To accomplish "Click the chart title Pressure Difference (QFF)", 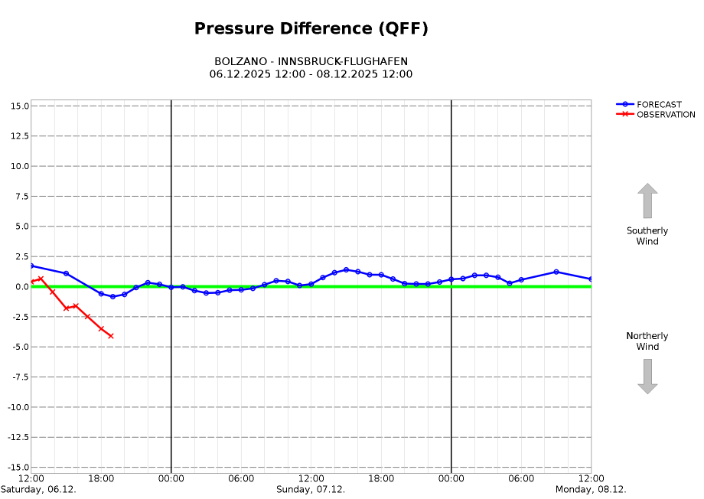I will (x=311, y=29).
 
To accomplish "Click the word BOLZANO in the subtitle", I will (x=241, y=61).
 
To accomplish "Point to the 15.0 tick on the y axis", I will (x=21, y=106).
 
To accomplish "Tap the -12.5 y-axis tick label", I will (x=17, y=438).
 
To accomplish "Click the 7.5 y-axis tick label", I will (x=21, y=196).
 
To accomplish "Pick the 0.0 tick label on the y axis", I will (x=21, y=287).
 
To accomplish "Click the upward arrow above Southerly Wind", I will (x=647, y=201).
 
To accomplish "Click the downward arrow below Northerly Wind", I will (x=647, y=377).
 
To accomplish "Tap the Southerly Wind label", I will (x=647, y=236).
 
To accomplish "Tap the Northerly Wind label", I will (x=647, y=341).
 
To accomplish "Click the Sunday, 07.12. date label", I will (x=311, y=490).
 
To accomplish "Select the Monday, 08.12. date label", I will (x=591, y=490).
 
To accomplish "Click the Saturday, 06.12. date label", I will (x=38, y=490).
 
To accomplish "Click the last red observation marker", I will (x=111, y=336).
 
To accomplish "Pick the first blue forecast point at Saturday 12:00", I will (x=31, y=266).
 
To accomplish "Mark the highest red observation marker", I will (x=41, y=279).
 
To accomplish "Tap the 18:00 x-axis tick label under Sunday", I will (x=381, y=479).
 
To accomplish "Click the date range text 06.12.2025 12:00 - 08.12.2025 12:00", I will (x=311, y=74).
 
